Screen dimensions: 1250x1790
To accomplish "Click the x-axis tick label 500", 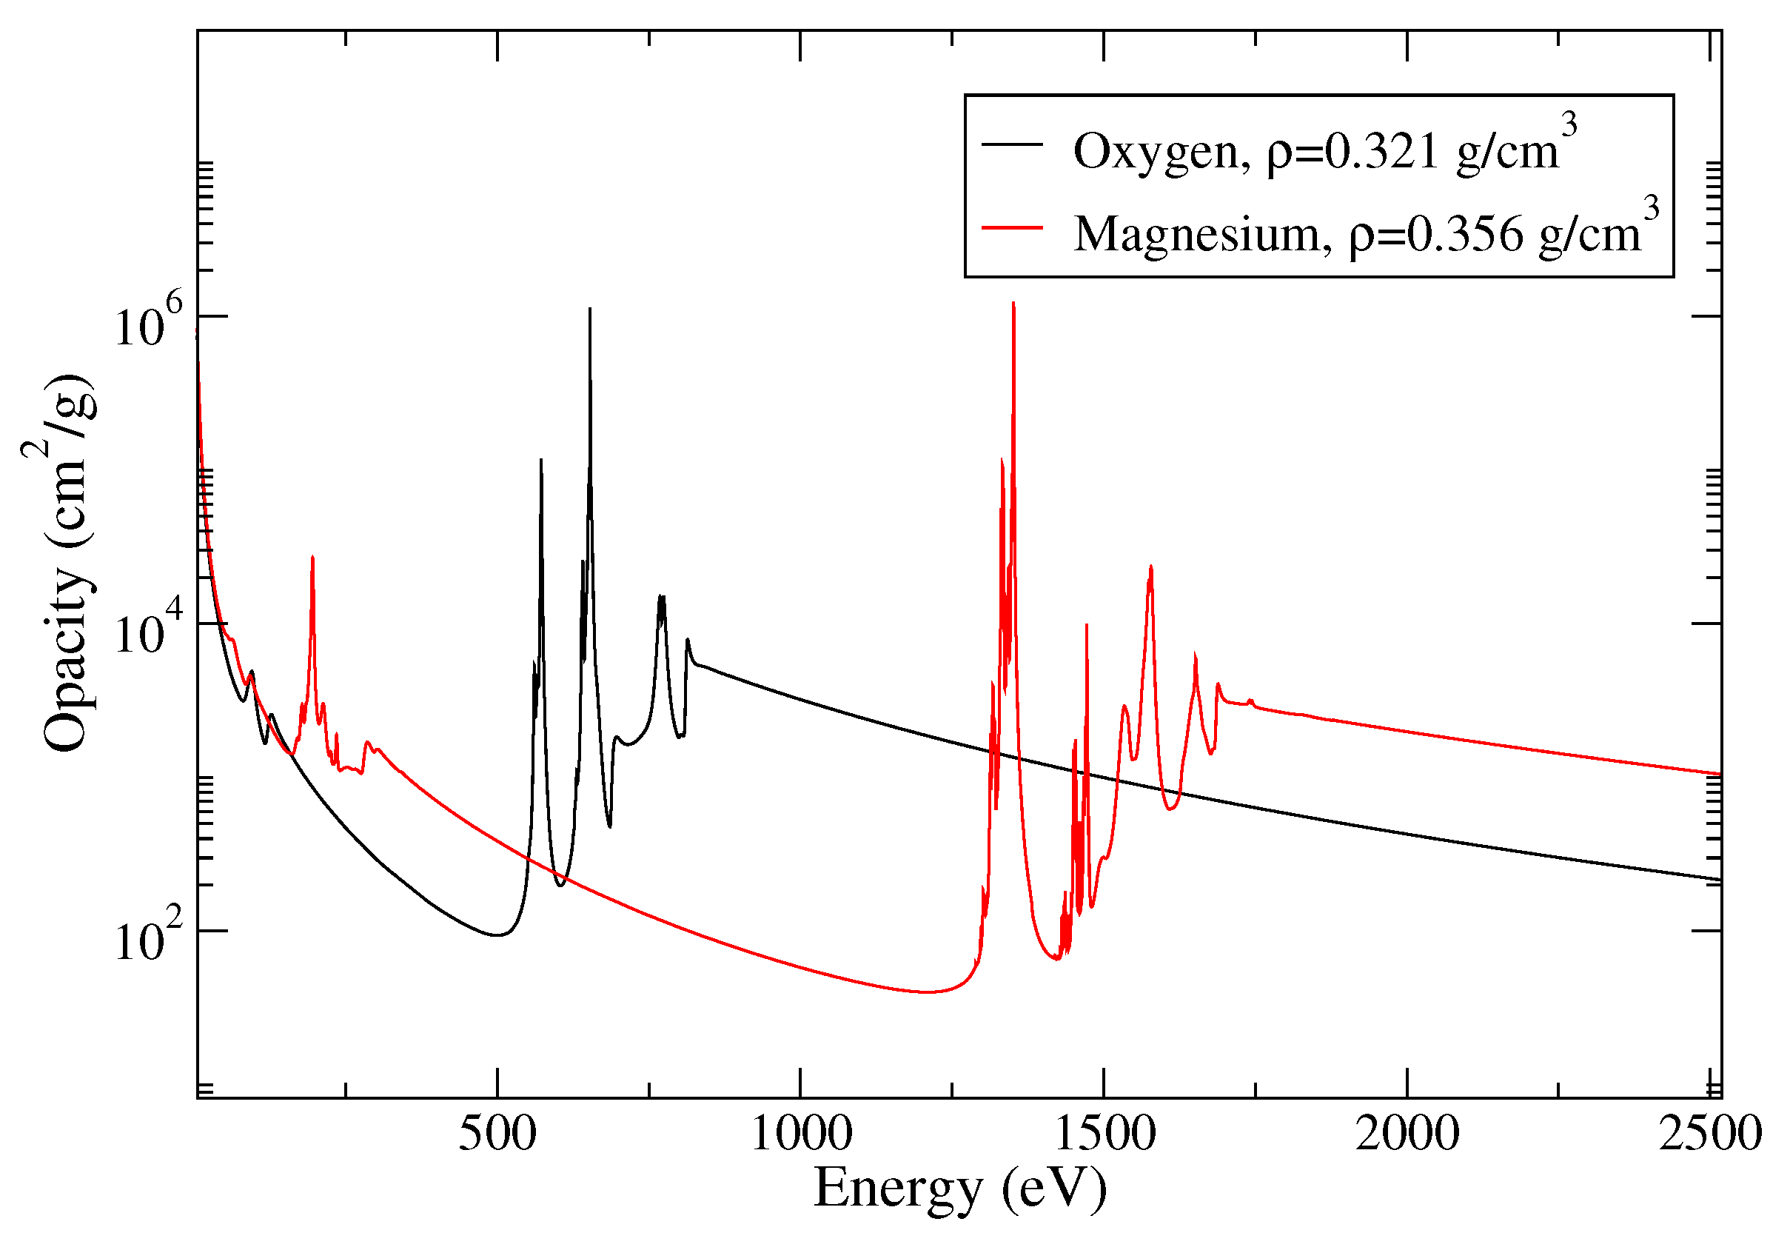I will point(497,1134).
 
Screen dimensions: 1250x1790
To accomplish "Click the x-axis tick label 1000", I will point(801,1134).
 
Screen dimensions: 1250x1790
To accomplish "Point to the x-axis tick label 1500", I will point(1104,1134).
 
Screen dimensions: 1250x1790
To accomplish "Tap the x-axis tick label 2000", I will point(1407,1134).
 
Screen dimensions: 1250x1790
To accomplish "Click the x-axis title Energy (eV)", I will point(959,1189).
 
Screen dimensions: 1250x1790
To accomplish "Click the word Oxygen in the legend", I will point(1155,151).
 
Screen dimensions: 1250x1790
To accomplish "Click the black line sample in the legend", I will point(1012,145).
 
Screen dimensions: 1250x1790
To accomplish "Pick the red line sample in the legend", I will point(1012,227).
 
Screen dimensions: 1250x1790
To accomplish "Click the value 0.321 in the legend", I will point(1381,151).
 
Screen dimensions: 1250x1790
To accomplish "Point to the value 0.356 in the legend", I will point(1464,233).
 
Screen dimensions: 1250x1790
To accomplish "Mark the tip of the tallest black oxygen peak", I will point(590,309).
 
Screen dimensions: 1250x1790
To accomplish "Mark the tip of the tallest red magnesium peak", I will point(1013,303).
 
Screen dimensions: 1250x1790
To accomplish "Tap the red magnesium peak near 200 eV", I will point(312,557).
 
